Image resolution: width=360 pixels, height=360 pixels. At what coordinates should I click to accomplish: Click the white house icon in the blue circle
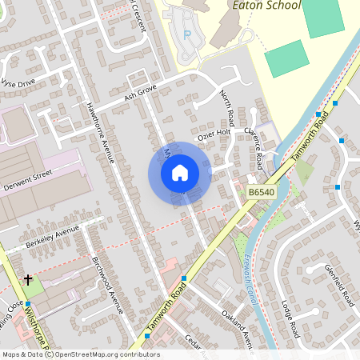(179, 173)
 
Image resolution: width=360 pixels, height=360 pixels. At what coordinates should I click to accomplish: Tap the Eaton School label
(266, 6)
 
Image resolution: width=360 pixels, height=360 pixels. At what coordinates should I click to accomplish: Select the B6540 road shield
(262, 193)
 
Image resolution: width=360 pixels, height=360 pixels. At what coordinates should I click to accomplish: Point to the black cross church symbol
(29, 280)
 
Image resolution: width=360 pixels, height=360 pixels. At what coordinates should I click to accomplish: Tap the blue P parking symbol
(188, 34)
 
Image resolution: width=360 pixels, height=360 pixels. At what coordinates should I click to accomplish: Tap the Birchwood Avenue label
(106, 285)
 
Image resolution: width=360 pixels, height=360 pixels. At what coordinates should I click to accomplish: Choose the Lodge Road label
(289, 318)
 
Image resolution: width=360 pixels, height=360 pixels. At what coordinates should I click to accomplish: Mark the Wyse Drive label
(18, 82)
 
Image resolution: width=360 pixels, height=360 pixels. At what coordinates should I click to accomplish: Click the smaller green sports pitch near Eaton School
(286, 58)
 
